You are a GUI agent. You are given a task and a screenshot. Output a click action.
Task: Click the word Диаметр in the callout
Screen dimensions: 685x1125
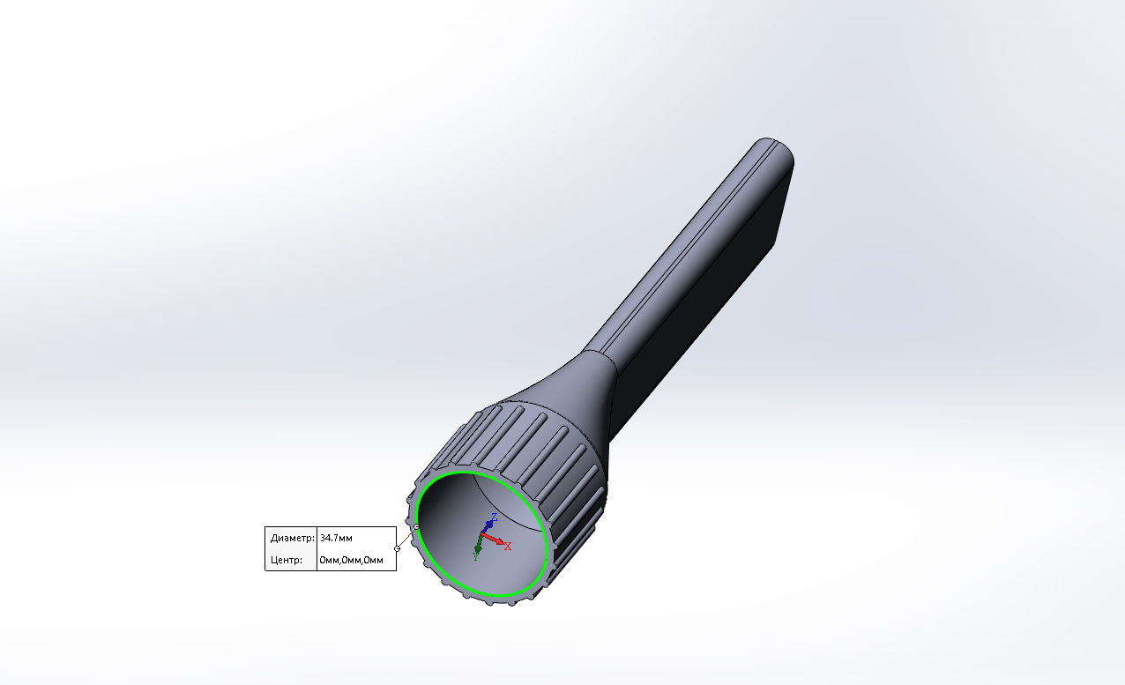point(291,538)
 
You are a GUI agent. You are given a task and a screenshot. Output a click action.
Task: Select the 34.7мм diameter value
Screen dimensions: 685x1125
point(337,538)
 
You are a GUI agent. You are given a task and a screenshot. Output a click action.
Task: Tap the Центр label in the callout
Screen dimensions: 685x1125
point(287,560)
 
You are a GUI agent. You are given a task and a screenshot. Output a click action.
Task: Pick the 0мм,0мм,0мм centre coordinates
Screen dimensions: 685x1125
point(352,560)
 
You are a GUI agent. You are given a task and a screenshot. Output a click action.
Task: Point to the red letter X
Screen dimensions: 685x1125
point(508,546)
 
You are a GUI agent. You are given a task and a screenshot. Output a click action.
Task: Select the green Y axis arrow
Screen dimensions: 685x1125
point(479,546)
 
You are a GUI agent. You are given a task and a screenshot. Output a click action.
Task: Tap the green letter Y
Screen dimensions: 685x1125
point(475,556)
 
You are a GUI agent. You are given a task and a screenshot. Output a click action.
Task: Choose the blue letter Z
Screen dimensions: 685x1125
point(495,517)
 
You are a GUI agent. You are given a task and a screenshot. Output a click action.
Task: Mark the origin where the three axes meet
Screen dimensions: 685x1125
point(482,535)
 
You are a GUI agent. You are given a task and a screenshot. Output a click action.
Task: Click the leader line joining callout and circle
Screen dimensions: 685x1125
point(406,538)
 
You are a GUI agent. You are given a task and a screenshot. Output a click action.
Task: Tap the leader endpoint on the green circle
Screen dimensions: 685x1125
point(416,527)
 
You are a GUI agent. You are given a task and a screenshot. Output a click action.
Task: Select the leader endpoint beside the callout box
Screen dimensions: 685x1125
point(398,548)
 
